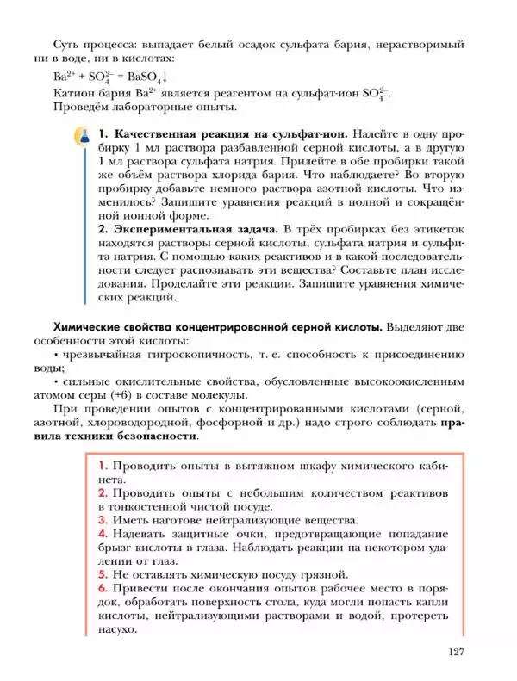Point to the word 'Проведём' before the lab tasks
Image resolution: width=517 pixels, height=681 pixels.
click(x=85, y=108)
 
